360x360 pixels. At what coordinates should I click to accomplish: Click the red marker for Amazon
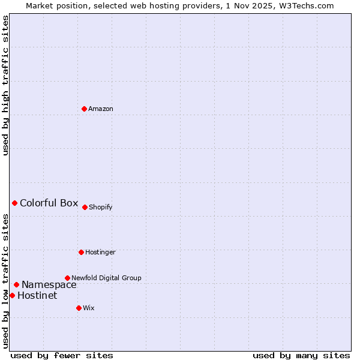[84, 109]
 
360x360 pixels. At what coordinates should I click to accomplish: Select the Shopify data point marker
[85, 207]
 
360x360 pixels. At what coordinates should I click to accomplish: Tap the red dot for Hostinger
[81, 252]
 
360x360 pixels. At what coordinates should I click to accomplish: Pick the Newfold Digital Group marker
[67, 278]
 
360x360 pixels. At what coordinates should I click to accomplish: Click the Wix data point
[79, 308]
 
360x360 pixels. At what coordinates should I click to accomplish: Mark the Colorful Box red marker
[14, 203]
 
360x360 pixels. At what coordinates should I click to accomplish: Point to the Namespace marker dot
[16, 284]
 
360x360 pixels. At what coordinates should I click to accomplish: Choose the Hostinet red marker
[12, 295]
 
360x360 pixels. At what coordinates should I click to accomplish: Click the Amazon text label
[101, 109]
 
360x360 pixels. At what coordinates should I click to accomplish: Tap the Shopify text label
[101, 207]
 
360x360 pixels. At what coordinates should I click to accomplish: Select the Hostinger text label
[100, 252]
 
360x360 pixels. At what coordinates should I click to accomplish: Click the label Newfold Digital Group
[106, 278]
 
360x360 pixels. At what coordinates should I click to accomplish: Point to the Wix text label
[89, 308]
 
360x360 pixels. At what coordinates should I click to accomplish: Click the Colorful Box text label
[49, 203]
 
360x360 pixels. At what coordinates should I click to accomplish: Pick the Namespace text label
[49, 285]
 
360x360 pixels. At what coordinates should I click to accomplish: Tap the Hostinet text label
[37, 295]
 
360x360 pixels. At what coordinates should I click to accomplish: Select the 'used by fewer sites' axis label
[62, 355]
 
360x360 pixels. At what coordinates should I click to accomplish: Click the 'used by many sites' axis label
[301, 355]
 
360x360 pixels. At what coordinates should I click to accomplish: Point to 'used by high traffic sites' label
[5, 85]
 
